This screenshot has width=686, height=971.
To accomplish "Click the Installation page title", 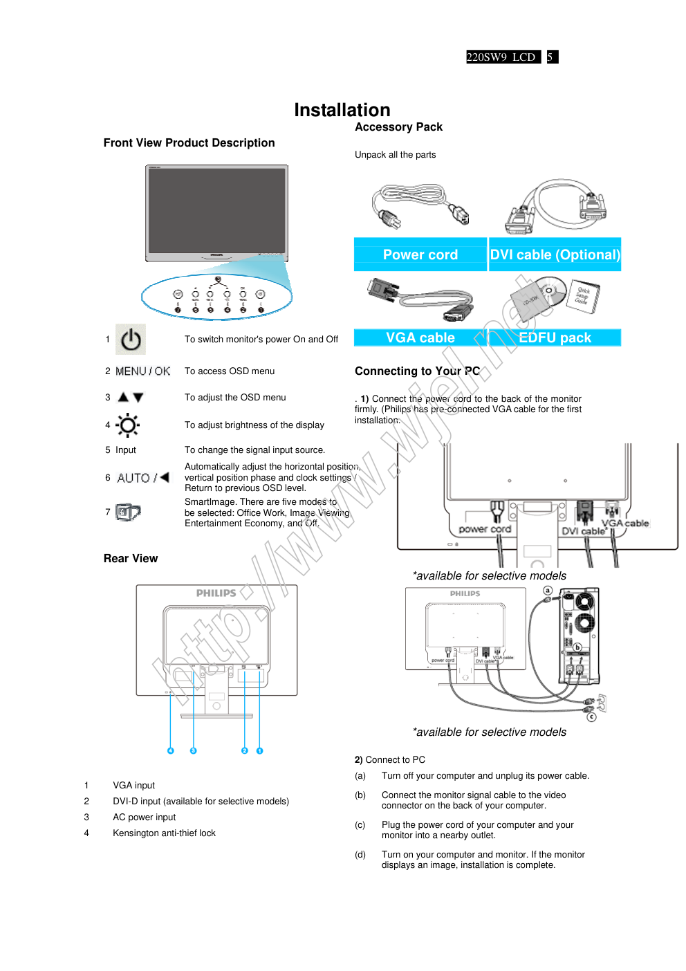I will coord(342,110).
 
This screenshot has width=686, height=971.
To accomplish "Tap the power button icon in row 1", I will coord(131,340).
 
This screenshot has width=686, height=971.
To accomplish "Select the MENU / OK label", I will coord(142,371).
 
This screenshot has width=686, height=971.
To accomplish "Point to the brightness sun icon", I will coord(128,425).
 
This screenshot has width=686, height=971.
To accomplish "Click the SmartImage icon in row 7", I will coord(128,512).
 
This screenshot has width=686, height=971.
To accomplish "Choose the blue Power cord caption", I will coord(420,255).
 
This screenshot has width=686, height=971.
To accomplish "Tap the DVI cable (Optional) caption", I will coord(555,255).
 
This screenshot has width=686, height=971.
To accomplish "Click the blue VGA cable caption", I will coord(420,338).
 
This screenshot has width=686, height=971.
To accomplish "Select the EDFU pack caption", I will coord(555,338).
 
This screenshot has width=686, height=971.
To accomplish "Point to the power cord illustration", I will coord(420,207).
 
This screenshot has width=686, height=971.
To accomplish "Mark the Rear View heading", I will coord(131,559).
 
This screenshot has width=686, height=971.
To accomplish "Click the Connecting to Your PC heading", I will coord(417,371).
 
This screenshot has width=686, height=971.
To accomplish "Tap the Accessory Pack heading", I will coord(398,127).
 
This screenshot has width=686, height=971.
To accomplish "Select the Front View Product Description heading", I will coord(189,143).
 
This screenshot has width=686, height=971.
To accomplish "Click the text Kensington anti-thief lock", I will coord(164,833).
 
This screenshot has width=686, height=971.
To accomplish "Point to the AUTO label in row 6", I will coord(133,478).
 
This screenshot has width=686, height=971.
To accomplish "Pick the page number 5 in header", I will coord(550,57).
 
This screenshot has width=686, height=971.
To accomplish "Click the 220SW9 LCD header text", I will coord(501,57).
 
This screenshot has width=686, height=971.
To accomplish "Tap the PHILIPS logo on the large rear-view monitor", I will coord(216,593).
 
